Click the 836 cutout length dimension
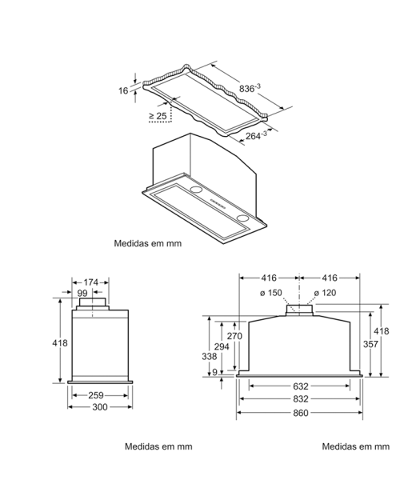250,88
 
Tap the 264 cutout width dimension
256,135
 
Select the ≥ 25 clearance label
158,116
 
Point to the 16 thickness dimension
123,90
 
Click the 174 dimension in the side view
91,282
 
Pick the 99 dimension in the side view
82,293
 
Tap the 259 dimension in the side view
96,395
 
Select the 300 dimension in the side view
100,406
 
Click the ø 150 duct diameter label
270,293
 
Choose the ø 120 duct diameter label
325,293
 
